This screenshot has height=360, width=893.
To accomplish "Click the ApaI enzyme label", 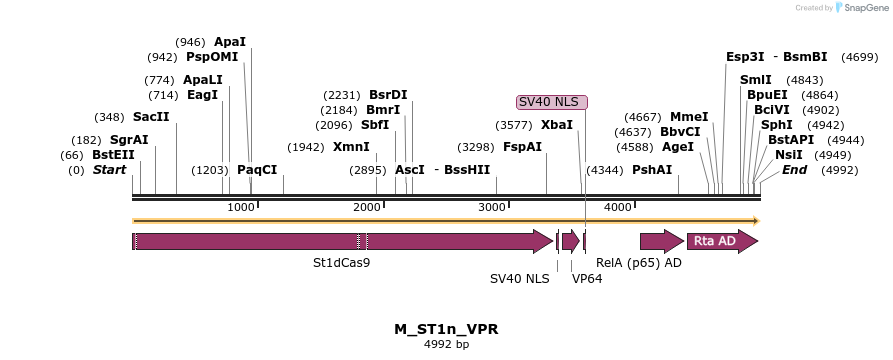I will pos(229,42).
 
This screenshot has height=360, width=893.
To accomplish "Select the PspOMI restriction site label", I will pos(212,57).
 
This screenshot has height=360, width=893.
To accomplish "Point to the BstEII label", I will pos(113,155).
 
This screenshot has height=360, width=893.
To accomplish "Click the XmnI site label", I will pos(351,146).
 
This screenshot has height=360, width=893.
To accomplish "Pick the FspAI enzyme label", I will pos(522,146).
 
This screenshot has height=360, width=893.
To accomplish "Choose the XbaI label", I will pos(557,125).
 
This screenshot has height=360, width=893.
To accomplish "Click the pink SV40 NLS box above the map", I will pos(551,102).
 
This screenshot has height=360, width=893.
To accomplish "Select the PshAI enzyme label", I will pos(652,170).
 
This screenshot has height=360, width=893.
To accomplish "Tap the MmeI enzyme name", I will pos(689,116).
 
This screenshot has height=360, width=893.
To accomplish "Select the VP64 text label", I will pos(587,279).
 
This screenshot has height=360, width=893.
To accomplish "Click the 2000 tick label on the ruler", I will pos(368,207).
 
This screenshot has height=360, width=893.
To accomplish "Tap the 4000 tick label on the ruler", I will pos(619,207).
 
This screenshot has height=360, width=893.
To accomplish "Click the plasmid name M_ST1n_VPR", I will pos(446,329).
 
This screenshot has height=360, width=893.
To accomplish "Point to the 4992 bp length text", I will pos(446,344).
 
